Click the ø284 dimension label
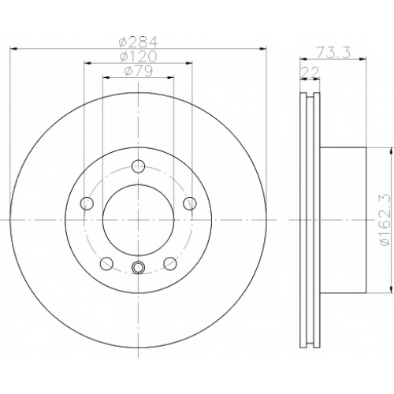coord(138,41)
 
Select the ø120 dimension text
coord(138,56)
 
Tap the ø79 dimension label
coord(139,71)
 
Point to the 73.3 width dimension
coord(333,52)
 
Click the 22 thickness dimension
coord(310,72)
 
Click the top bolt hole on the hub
coord(138,165)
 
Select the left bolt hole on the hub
coord(87,203)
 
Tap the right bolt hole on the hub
coord(190,203)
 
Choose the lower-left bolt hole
coord(106,263)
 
